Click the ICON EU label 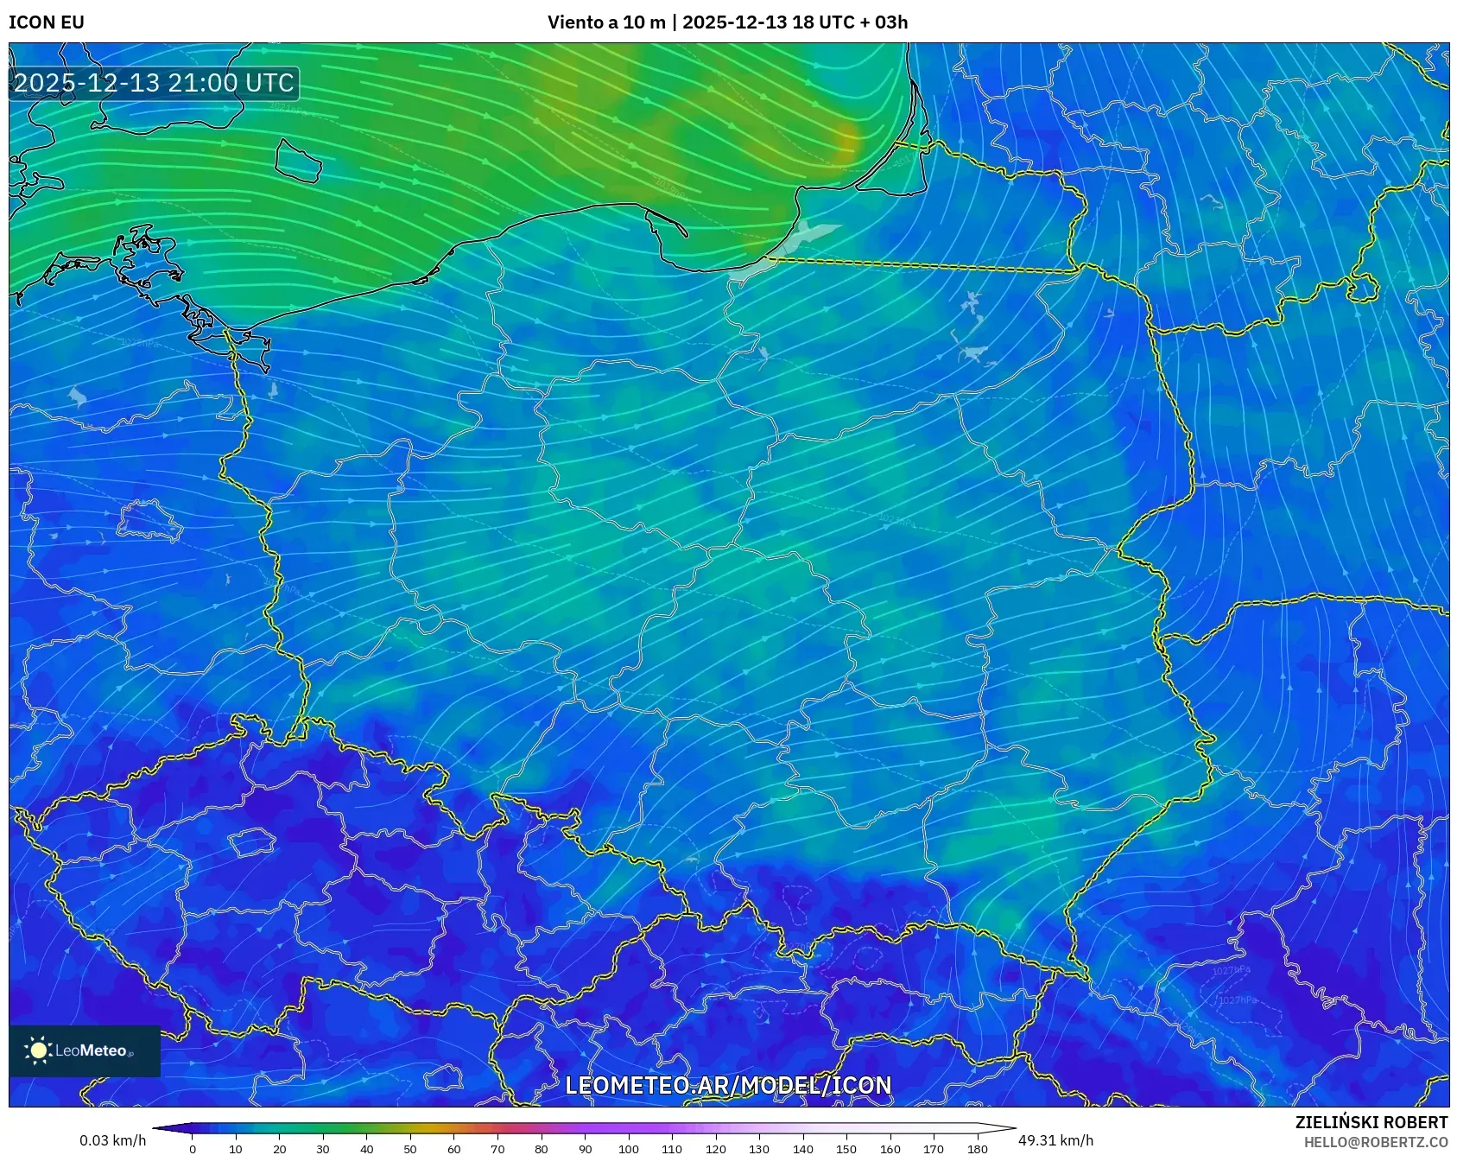click(x=47, y=22)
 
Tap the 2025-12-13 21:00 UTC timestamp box click(x=155, y=83)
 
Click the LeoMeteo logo click(x=85, y=1050)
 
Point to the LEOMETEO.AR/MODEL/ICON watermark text click(x=728, y=1085)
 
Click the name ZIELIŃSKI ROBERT click(x=1371, y=1122)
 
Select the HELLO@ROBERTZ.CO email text click(x=1375, y=1142)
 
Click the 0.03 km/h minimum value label click(x=112, y=1140)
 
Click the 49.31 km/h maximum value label click(x=1055, y=1140)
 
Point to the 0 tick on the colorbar click(x=192, y=1149)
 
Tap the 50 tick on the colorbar click(x=410, y=1149)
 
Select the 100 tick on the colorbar click(x=628, y=1149)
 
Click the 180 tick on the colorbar click(x=977, y=1149)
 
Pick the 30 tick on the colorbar click(x=323, y=1149)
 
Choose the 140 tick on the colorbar click(x=802, y=1149)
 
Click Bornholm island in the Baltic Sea click(x=298, y=160)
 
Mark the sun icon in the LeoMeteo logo click(x=38, y=1050)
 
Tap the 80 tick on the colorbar click(x=541, y=1149)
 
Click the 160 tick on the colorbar click(x=890, y=1149)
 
